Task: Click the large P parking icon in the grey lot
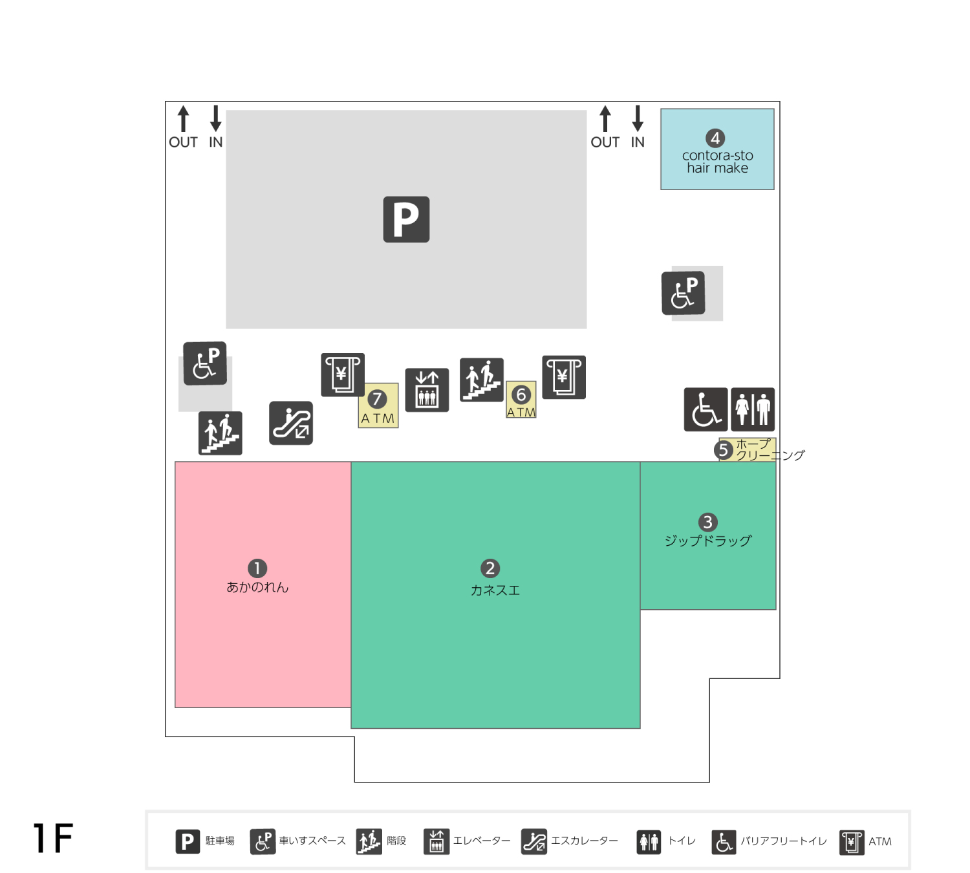406,219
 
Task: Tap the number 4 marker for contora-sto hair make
715,138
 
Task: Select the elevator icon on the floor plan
427,390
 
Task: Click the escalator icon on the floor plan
291,423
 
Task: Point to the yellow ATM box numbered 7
378,405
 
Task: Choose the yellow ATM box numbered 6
521,400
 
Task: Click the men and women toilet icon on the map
753,409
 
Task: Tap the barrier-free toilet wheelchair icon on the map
706,409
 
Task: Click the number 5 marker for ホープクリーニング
724,450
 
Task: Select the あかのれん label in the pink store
258,587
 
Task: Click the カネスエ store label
495,590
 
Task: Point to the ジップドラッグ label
708,541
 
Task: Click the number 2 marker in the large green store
490,568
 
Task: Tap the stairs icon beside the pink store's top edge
221,433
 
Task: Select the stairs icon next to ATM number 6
482,380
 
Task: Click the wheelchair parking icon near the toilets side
684,293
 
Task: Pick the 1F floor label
53,838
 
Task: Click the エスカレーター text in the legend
585,841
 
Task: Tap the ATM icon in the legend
852,843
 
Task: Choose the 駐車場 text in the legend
220,841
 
